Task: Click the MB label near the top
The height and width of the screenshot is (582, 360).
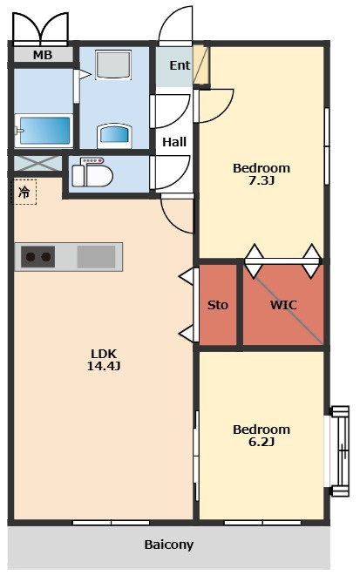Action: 43,55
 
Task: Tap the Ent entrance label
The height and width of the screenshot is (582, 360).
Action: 180,65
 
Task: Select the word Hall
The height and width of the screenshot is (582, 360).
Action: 174,142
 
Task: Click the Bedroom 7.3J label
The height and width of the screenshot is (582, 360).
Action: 262,173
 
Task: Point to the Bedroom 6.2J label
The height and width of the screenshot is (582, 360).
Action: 262,435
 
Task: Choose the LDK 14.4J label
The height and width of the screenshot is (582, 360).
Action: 104,359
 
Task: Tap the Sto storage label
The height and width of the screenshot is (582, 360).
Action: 217,305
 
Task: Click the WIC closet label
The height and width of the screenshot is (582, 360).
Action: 283,305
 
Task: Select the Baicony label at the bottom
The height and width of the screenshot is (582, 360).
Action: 169,545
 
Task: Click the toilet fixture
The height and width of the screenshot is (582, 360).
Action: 92,173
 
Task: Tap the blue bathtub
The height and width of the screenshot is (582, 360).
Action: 44,131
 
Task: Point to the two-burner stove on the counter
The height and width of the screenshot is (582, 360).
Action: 37,256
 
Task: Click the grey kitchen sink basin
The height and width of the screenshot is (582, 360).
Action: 96,256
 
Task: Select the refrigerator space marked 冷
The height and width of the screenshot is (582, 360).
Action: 24,192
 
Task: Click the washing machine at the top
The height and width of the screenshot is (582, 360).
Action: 113,64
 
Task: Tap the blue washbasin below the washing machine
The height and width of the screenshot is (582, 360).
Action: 114,136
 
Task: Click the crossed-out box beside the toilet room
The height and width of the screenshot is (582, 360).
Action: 37,164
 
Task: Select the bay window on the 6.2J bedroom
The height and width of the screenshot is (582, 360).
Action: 340,451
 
